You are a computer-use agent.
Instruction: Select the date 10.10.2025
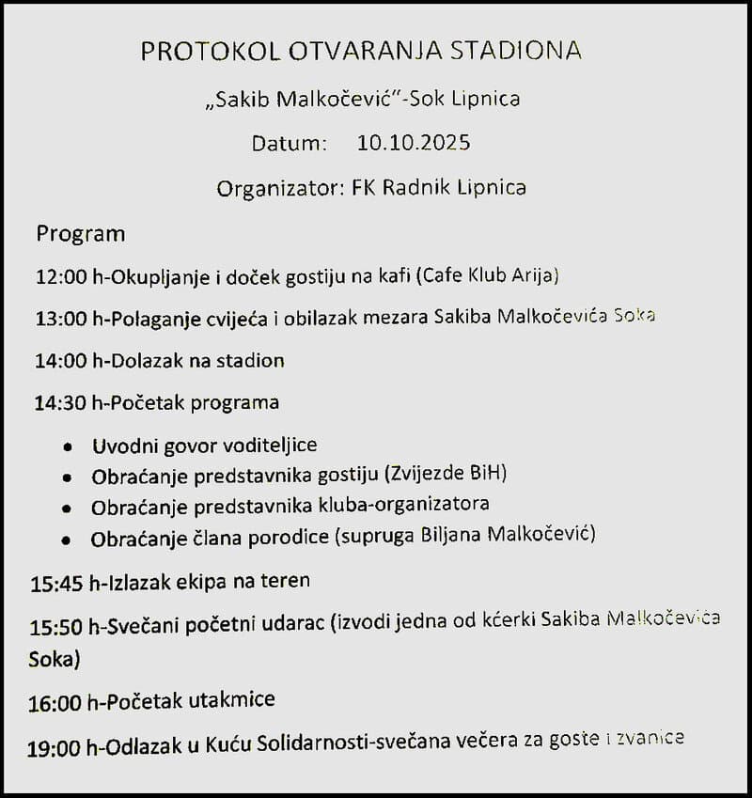point(414,143)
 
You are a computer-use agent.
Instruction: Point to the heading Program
point(80,233)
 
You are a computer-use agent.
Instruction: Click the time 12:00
point(60,276)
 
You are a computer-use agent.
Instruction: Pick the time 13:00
point(60,319)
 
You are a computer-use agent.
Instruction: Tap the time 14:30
point(60,403)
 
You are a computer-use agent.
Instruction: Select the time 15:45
point(56,583)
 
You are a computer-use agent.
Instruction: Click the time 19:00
point(55,748)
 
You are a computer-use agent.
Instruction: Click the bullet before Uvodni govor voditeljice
point(67,446)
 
